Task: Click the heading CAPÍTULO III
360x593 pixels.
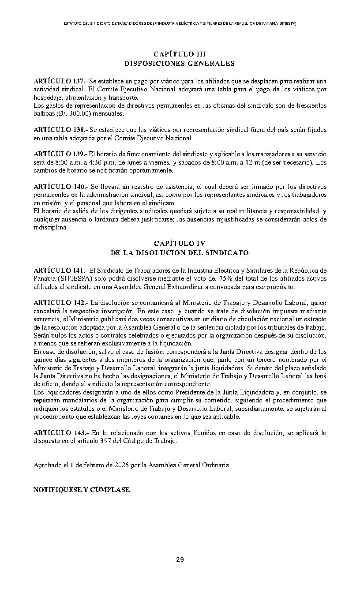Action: [x=180, y=54]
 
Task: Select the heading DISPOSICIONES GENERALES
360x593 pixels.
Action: [x=180, y=64]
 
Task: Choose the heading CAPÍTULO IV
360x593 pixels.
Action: [x=180, y=243]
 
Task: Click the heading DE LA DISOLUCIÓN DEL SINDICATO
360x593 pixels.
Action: [x=180, y=253]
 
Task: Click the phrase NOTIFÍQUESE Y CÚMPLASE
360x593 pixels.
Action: [x=82, y=489]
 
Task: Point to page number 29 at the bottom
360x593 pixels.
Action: [x=180, y=560]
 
